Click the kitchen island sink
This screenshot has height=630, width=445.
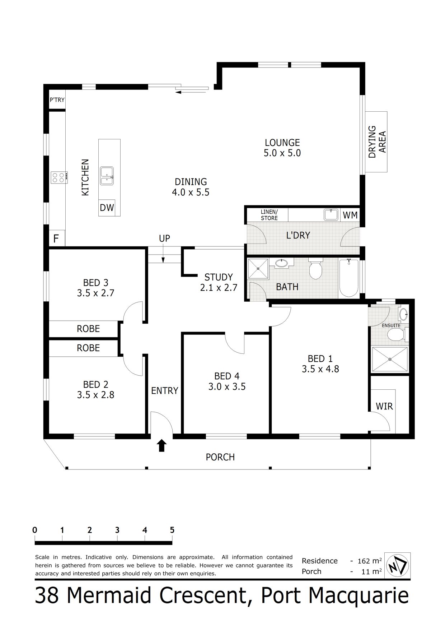click(107, 176)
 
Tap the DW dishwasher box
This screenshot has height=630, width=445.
click(107, 208)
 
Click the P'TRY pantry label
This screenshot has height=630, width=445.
click(57, 100)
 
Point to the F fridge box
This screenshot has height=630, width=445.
click(56, 238)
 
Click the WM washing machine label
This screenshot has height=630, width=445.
click(350, 215)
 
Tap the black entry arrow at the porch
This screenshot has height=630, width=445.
click(162, 445)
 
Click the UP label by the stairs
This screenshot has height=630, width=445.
click(164, 238)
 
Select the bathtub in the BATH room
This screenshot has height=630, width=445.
click(348, 277)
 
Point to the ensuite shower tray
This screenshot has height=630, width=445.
click(390, 359)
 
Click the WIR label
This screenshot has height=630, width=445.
click(384, 406)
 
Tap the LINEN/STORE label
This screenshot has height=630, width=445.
click(269, 215)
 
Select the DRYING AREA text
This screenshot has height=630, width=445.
click(377, 142)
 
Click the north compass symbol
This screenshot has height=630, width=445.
click(397, 566)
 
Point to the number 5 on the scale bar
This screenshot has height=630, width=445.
click(172, 530)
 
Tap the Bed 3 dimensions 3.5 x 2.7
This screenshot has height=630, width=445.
click(95, 293)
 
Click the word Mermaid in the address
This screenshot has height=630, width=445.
click(109, 596)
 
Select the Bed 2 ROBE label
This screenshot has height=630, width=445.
click(88, 348)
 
